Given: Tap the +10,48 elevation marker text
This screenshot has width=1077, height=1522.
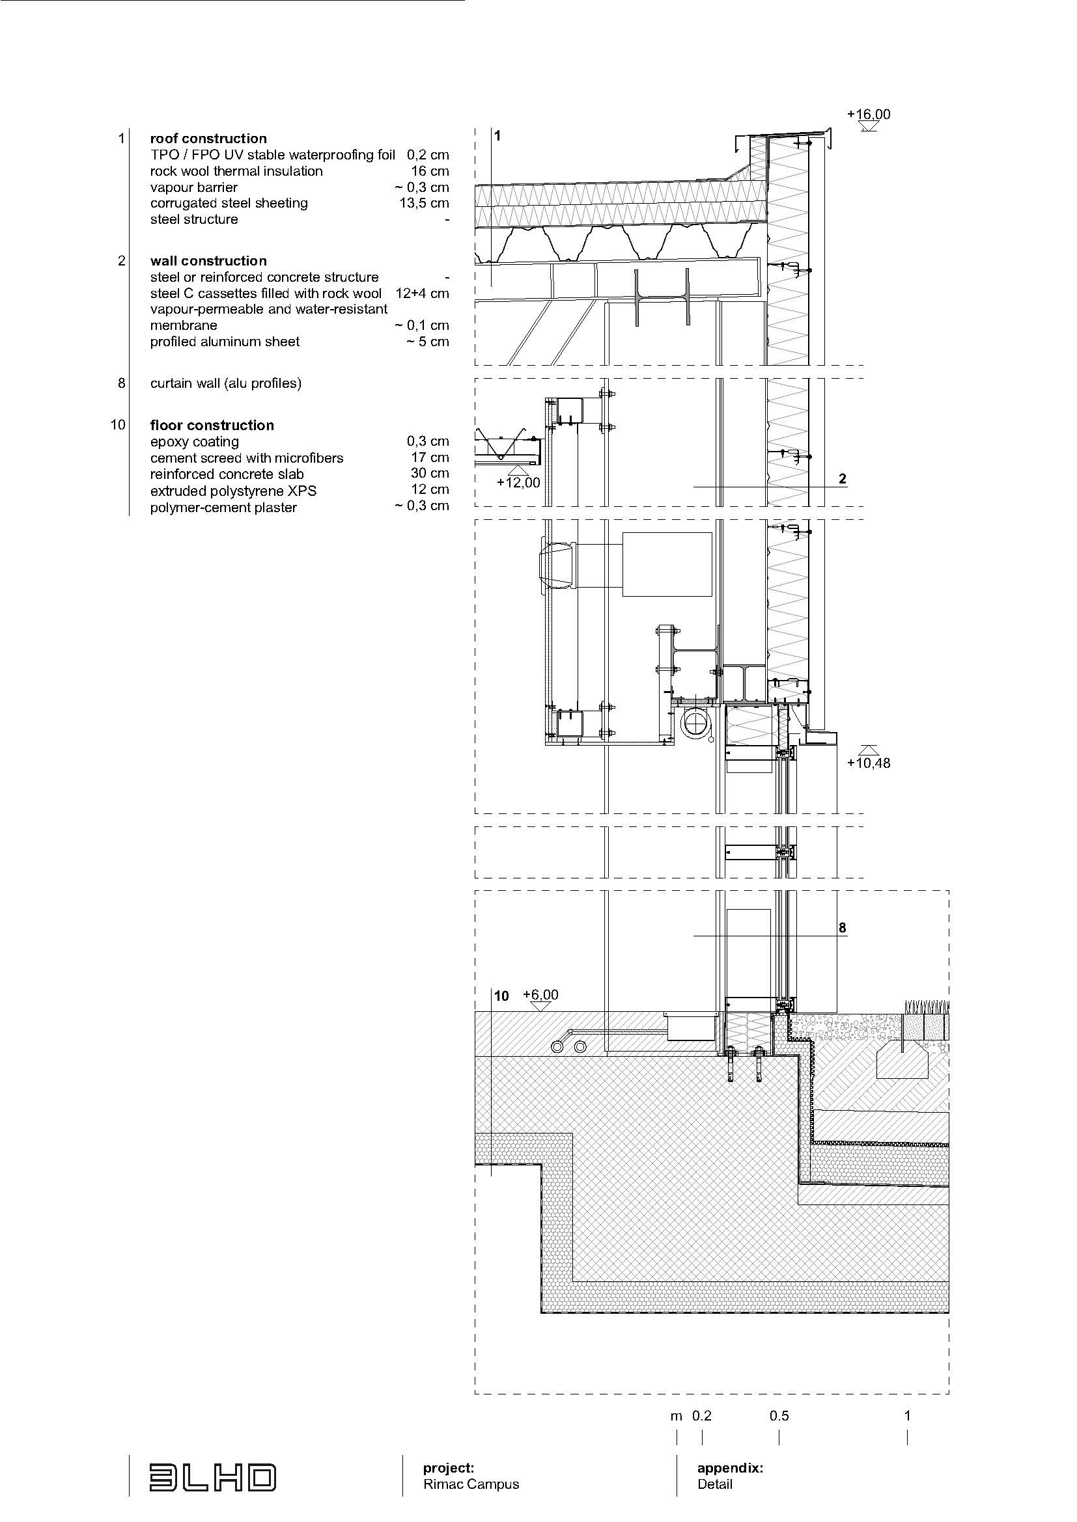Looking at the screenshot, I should coord(868,763).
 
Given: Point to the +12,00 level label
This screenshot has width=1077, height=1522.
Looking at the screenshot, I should coord(518,483).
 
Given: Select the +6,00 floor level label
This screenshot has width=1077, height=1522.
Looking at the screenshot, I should coord(540,994).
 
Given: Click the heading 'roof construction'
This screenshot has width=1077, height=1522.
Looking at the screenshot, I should coord(208,139).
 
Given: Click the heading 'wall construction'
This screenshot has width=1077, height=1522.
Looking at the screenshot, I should coord(208,260).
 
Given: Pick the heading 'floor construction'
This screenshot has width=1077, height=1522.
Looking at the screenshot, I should coord(212,425).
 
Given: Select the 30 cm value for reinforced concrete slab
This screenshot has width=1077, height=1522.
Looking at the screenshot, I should coord(430,473).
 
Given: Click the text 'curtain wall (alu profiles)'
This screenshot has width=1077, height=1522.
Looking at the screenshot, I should coord(225,383).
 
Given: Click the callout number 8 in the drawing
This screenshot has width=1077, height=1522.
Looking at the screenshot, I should coord(842,927).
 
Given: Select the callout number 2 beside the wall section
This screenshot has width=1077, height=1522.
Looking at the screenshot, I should coord(842,479).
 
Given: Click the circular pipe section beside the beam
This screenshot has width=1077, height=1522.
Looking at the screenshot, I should coord(697,722).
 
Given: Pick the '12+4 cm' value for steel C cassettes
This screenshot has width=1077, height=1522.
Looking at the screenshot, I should coord(422,293).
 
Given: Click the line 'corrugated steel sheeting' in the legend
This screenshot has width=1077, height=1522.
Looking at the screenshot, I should coord(229,203).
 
